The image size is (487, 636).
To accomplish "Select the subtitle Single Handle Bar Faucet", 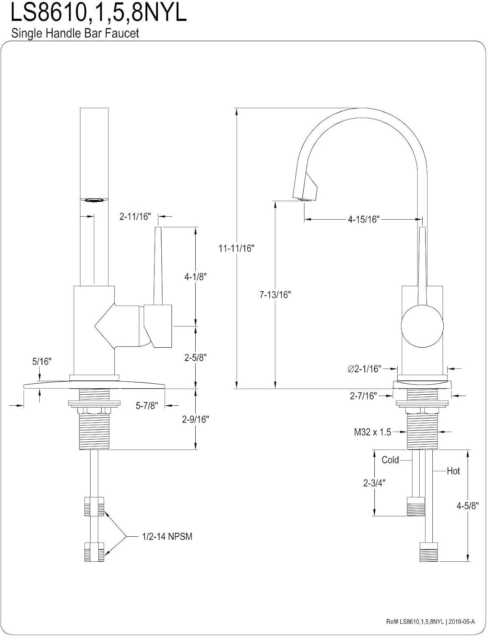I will pyautogui.click(x=75, y=33).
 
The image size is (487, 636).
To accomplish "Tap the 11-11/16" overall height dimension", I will pyautogui.click(x=235, y=248).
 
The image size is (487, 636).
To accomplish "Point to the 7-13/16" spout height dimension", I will pyautogui.click(x=275, y=294).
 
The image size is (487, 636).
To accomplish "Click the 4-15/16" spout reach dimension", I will pyautogui.click(x=363, y=219).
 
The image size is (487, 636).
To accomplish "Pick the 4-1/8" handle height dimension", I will pyautogui.click(x=195, y=276).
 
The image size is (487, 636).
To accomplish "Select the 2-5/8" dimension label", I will pyautogui.click(x=195, y=357).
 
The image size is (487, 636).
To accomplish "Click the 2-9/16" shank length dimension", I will pyautogui.click(x=196, y=419).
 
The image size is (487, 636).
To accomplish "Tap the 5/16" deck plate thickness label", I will pyautogui.click(x=42, y=361).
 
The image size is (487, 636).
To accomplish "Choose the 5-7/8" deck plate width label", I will pyautogui.click(x=147, y=406).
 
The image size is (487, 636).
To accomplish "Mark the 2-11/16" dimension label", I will pyautogui.click(x=135, y=217).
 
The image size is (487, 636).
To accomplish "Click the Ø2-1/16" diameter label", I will pyautogui.click(x=365, y=369).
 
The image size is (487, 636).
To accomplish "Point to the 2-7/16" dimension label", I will pyautogui.click(x=363, y=396).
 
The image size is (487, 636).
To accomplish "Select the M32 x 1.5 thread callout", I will pyautogui.click(x=372, y=432).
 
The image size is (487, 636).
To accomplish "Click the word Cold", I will pyautogui.click(x=390, y=460).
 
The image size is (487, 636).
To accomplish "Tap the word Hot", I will pyautogui.click(x=453, y=471).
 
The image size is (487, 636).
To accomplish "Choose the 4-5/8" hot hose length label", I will pyautogui.click(x=468, y=505).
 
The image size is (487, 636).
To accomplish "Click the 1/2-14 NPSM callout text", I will pyautogui.click(x=167, y=537).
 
